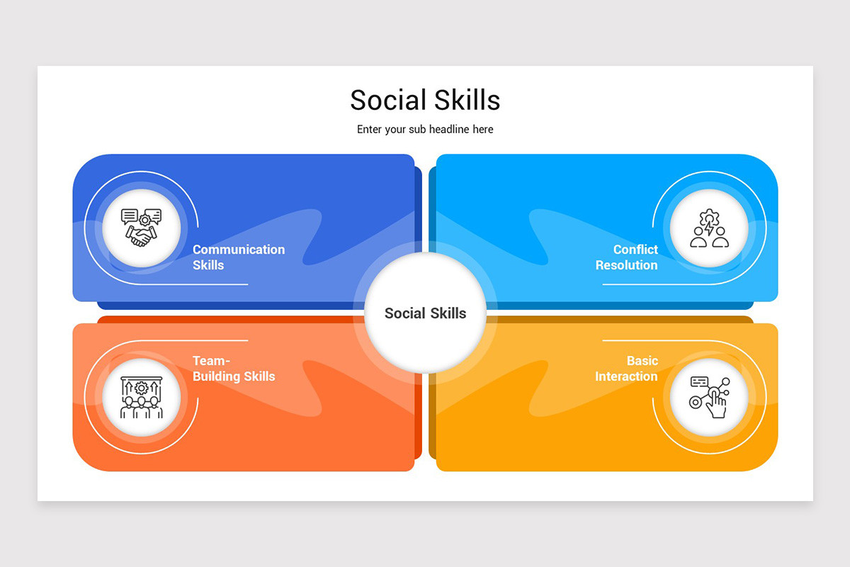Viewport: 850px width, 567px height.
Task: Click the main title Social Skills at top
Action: (x=425, y=100)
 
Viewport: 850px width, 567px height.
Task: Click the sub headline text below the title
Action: (x=425, y=129)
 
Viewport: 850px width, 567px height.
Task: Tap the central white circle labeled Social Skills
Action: (x=425, y=313)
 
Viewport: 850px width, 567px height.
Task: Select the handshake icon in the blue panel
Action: (x=141, y=228)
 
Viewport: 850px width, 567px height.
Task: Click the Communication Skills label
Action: (x=239, y=257)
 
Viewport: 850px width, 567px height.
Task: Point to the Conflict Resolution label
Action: (x=627, y=257)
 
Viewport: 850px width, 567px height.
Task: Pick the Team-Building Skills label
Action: (x=234, y=369)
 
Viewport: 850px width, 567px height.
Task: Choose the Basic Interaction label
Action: (x=627, y=369)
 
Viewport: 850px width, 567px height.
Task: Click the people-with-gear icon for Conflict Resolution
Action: (x=709, y=228)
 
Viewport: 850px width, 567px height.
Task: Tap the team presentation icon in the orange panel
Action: (x=141, y=397)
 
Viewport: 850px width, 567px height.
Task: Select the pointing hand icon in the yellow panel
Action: (x=709, y=397)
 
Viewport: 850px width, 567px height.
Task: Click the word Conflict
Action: (x=635, y=249)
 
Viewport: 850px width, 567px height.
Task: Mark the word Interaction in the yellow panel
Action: (x=627, y=376)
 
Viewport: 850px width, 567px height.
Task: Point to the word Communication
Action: (x=239, y=249)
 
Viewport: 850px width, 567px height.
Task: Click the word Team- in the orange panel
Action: (x=211, y=361)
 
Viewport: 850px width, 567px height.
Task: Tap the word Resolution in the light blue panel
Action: (x=627, y=265)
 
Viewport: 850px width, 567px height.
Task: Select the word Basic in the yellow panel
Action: (x=642, y=361)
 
